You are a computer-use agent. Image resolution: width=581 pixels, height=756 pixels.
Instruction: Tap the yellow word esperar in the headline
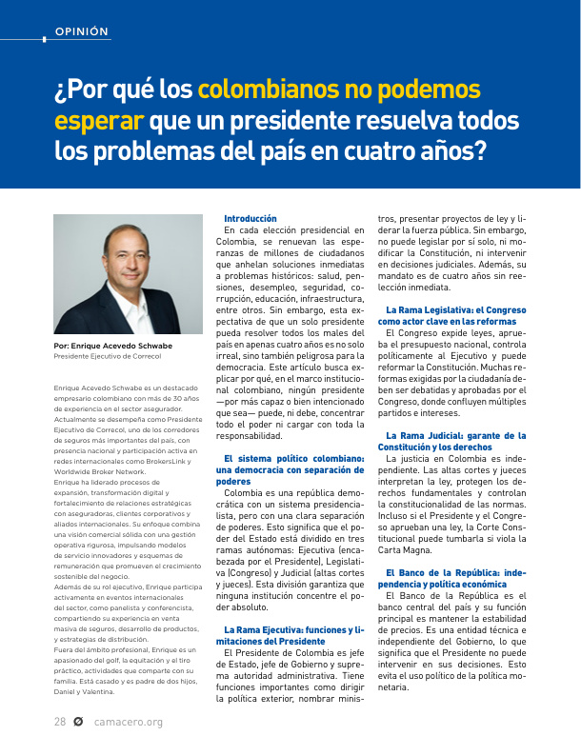click(x=99, y=121)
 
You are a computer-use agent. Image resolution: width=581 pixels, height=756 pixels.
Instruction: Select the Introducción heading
click(x=250, y=218)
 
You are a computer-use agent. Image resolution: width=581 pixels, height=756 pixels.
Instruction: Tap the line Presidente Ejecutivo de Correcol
click(x=108, y=356)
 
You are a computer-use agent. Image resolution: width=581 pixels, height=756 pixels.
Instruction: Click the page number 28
click(x=59, y=722)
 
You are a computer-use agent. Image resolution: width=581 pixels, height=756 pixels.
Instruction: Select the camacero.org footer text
click(x=129, y=722)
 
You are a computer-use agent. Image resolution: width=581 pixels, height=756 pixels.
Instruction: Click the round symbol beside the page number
click(x=79, y=722)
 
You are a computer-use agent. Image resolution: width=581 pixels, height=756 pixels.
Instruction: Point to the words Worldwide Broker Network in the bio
click(x=100, y=471)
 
